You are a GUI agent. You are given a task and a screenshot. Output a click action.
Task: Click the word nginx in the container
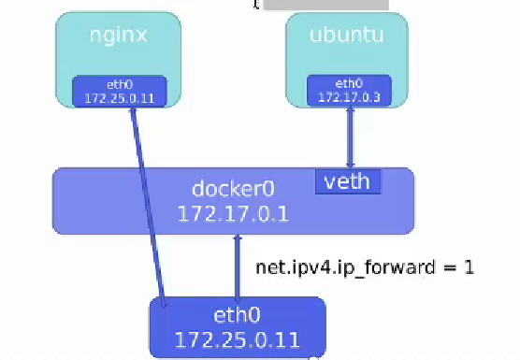pyautogui.click(x=119, y=37)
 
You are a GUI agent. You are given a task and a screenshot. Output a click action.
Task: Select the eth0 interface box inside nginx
pyautogui.click(x=119, y=91)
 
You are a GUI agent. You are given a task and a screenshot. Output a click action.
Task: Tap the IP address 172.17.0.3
pyautogui.click(x=349, y=96)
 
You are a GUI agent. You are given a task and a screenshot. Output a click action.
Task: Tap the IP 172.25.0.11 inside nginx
pyautogui.click(x=119, y=97)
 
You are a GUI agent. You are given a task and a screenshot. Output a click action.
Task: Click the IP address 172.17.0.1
pyautogui.click(x=232, y=213)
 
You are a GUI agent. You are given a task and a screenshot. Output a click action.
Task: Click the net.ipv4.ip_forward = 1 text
pyautogui.click(x=365, y=266)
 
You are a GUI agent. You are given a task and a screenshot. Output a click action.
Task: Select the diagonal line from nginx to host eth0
pyautogui.click(x=149, y=206)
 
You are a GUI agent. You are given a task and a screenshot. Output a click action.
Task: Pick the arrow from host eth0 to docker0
pyautogui.click(x=238, y=266)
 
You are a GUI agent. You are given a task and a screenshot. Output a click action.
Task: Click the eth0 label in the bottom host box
pyautogui.click(x=237, y=316)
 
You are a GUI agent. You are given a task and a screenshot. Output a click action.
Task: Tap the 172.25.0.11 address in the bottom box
pyautogui.click(x=237, y=338)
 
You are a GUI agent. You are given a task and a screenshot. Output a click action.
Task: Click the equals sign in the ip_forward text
pyautogui.click(x=449, y=267)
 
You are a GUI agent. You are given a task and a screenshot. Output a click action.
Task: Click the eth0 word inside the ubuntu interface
pyautogui.click(x=349, y=82)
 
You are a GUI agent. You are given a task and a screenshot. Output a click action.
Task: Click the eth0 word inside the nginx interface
pyautogui.click(x=119, y=83)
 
